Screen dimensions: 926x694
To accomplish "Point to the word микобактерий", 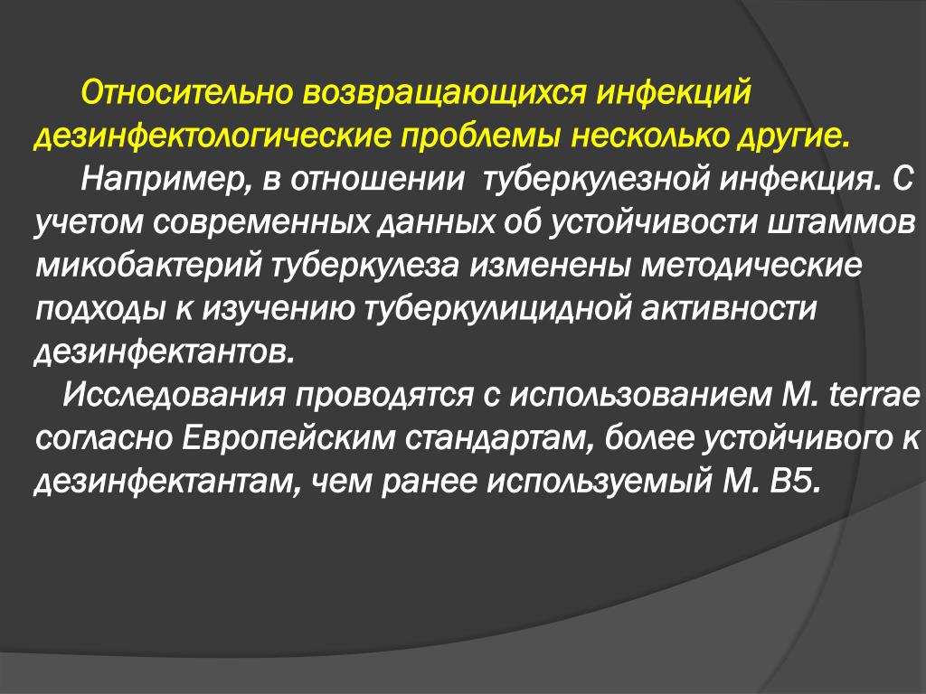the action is click(x=148, y=266).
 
